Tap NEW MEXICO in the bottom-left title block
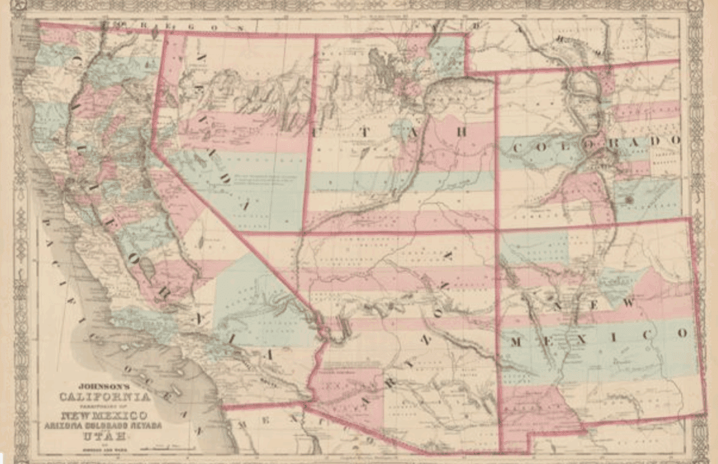click(104, 415)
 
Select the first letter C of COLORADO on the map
click(514, 148)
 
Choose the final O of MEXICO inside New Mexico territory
click(682, 333)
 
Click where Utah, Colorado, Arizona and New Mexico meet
click(496, 229)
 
